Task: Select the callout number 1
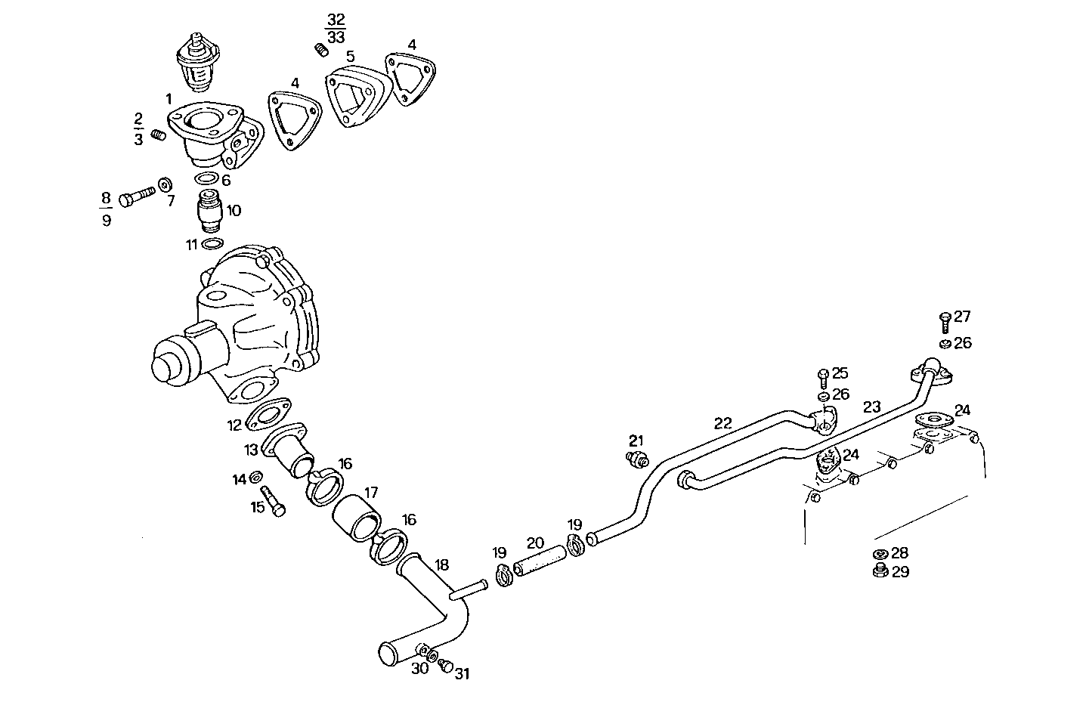click(169, 99)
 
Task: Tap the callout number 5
click(350, 57)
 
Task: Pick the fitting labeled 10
click(209, 211)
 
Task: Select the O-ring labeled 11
click(213, 243)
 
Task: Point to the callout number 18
click(442, 564)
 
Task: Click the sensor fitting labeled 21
click(639, 458)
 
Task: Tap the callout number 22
click(722, 423)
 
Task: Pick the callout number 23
click(871, 407)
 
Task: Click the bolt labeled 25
click(823, 375)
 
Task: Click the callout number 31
click(462, 674)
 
